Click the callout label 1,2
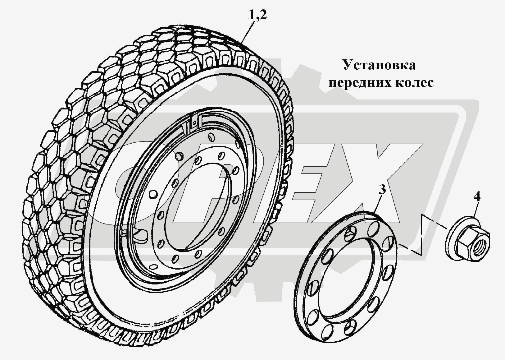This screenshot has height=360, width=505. coord(257,15)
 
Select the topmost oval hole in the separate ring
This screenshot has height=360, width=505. coord(373,229)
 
